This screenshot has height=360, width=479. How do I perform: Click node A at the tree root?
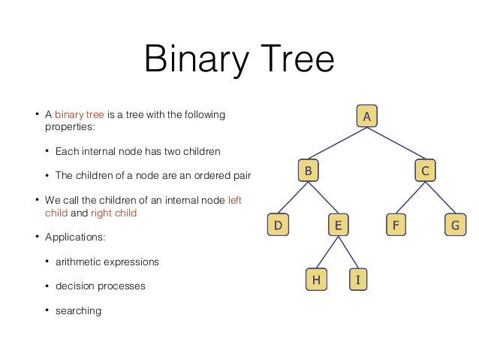[366, 116]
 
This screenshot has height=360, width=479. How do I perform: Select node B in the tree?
[307, 171]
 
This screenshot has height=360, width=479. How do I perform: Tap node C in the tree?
[425, 171]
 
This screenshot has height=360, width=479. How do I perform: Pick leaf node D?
[278, 224]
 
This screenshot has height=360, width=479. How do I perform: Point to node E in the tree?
[337, 224]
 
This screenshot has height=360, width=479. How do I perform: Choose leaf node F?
[396, 224]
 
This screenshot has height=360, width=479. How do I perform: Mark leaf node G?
[454, 224]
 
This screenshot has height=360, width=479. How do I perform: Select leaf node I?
[358, 280]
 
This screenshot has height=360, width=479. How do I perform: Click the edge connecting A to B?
[337, 144]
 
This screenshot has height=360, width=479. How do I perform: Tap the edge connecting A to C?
[396, 144]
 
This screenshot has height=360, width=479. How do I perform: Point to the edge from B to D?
[293, 197]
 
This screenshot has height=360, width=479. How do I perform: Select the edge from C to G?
[440, 197]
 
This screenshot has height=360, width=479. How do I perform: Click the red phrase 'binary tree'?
[80, 116]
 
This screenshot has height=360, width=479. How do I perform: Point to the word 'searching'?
[77, 310]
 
